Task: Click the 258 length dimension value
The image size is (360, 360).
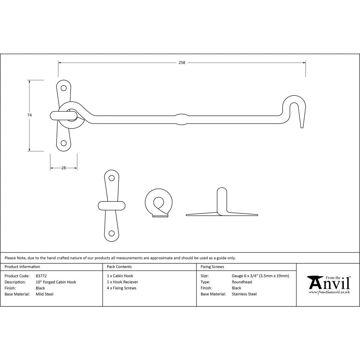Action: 182,63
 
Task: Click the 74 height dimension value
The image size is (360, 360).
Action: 30,115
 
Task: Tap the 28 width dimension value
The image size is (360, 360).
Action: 64,168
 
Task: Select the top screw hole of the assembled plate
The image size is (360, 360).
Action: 64,87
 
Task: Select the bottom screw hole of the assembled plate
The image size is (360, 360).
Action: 64,143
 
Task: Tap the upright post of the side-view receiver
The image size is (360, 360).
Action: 222,200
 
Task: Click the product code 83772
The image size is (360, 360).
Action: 41,276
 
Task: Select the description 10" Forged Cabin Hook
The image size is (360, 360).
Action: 56,282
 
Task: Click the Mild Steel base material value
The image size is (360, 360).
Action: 45,294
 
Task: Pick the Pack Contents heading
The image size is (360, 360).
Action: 119,267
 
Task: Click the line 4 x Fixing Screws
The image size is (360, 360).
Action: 122,288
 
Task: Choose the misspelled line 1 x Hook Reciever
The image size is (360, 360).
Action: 122,282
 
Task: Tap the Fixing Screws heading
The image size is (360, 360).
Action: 212,267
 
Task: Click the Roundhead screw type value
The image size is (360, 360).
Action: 242,282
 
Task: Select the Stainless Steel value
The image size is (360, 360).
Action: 244,294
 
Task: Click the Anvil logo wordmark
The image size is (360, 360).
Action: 329,283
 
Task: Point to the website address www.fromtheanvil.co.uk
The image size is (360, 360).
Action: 329,292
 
